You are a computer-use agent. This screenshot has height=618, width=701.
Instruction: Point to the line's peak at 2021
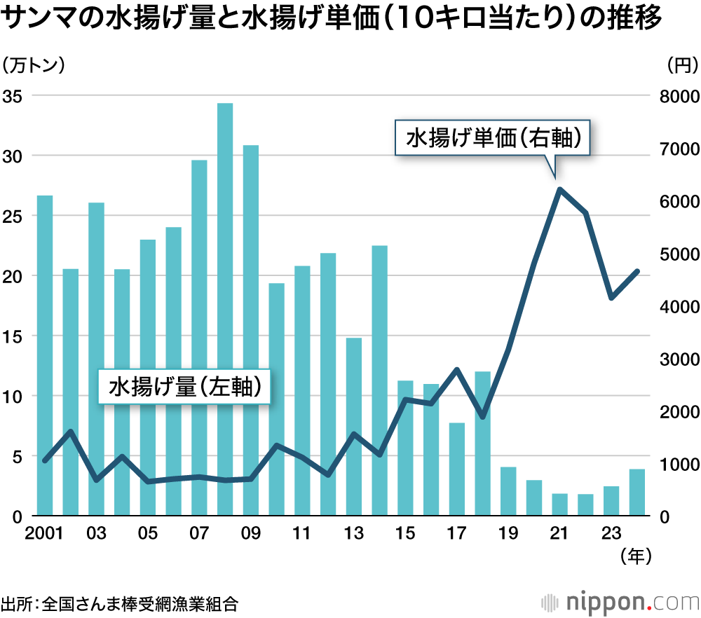[559, 188]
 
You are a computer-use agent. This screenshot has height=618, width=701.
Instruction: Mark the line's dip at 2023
[611, 298]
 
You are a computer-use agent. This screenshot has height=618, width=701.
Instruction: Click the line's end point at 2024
[637, 271]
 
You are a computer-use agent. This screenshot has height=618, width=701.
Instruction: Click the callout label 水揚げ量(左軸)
[184, 385]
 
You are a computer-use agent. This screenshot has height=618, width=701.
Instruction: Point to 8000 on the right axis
[677, 96]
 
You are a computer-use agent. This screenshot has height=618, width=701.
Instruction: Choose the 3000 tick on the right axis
[677, 359]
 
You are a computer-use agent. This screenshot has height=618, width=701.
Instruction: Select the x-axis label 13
[353, 534]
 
